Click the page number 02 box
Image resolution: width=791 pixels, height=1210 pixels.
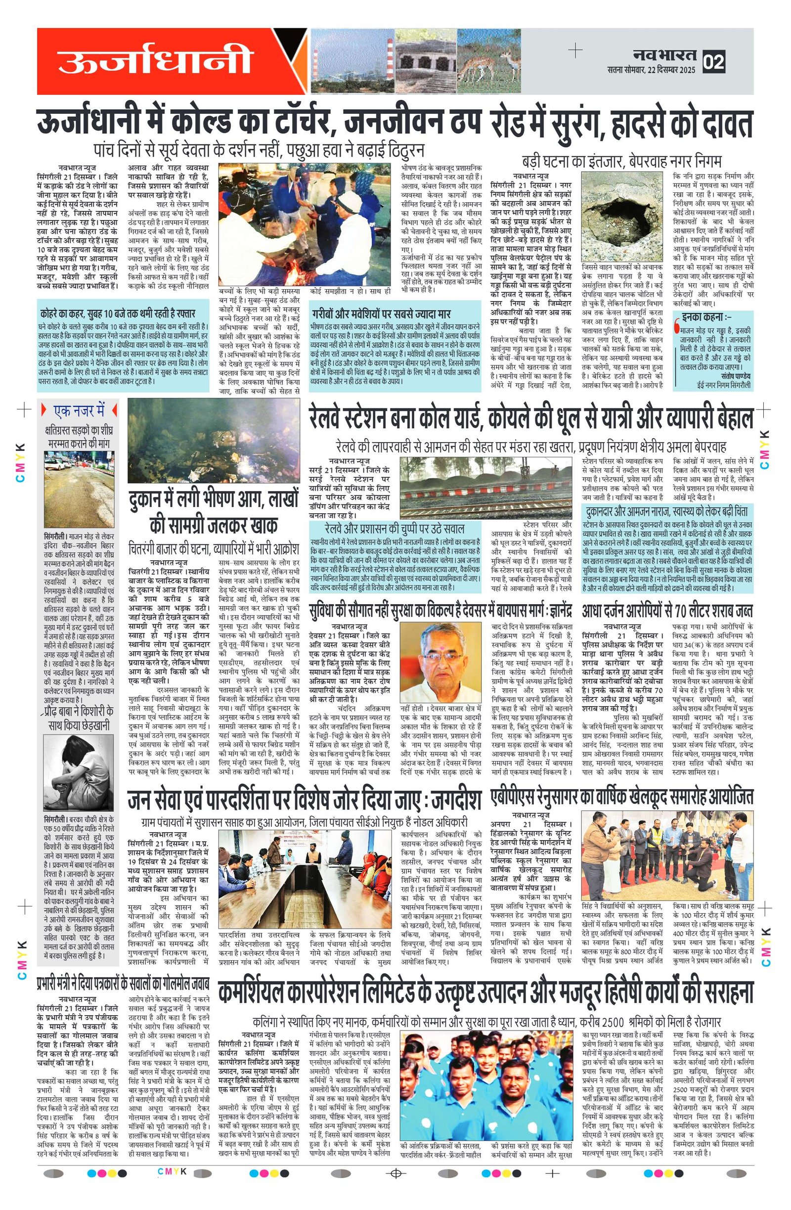tap(713, 62)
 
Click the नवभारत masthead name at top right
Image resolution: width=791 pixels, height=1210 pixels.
tap(665, 55)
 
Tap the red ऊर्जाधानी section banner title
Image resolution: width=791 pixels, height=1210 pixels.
tap(155, 60)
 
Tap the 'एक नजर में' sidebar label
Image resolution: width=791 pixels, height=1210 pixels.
tap(79, 410)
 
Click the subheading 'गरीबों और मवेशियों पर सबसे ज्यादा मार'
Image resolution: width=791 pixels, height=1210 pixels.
tap(381, 314)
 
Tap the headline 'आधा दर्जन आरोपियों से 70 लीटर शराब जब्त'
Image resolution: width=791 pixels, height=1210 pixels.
tap(667, 610)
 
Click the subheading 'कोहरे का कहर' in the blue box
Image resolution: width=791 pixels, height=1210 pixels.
tap(117, 313)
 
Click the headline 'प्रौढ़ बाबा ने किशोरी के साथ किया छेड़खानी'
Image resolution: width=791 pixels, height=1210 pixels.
tap(78, 717)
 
